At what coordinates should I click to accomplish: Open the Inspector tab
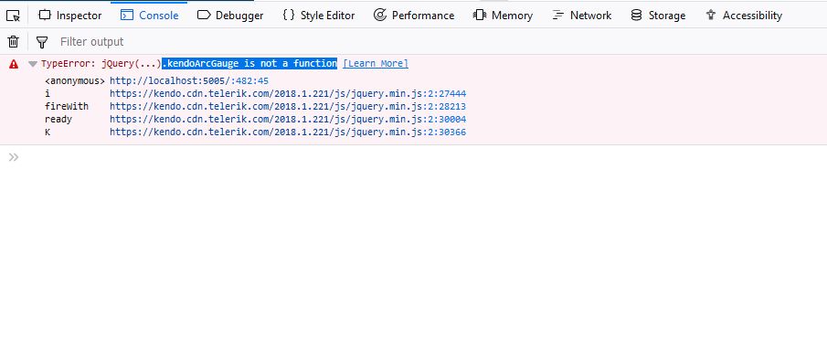[70, 16]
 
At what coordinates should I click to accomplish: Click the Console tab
[149, 16]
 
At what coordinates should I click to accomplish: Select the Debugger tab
[230, 16]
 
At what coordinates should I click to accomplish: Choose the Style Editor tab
[319, 16]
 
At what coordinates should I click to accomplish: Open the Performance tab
[413, 16]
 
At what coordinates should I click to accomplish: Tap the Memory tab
[503, 16]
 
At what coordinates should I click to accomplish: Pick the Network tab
[581, 16]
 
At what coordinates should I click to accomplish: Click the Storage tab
[658, 16]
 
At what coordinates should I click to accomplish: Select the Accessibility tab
[744, 16]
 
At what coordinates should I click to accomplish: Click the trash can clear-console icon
[14, 42]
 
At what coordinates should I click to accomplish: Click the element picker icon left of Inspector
[13, 16]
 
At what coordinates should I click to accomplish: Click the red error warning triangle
[14, 64]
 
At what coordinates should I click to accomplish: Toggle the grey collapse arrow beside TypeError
[33, 64]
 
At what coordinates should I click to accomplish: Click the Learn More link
[376, 64]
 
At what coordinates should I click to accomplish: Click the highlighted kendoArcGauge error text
[249, 64]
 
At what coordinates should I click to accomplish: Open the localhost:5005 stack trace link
[189, 81]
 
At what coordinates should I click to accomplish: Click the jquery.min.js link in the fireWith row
[288, 107]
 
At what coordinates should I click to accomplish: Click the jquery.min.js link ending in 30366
[288, 132]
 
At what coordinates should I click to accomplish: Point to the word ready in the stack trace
[58, 120]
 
